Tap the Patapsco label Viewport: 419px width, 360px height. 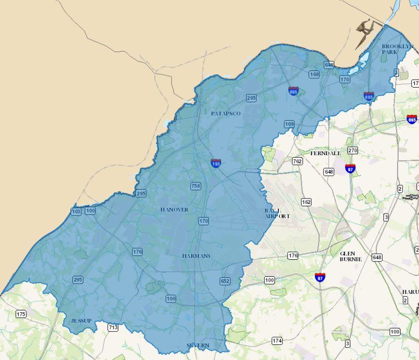pyautogui.click(x=226, y=113)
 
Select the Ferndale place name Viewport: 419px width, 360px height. pyautogui.click(x=326, y=153)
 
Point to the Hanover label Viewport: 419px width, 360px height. pyautogui.click(x=174, y=210)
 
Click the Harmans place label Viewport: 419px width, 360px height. pyautogui.click(x=196, y=256)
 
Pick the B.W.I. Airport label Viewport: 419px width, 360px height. pyautogui.click(x=277, y=213)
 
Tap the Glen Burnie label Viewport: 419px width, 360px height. pyautogui.click(x=350, y=256)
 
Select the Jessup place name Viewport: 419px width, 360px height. pyautogui.click(x=81, y=321)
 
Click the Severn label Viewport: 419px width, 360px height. pyautogui.click(x=198, y=345)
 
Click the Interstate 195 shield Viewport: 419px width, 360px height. pyautogui.click(x=216, y=163)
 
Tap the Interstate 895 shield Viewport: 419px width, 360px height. pyautogui.click(x=368, y=96)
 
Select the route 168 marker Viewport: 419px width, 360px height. pyautogui.click(x=314, y=74)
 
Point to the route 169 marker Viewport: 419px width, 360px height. pyautogui.click(x=289, y=125)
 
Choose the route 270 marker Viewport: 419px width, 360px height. pyautogui.click(x=352, y=150)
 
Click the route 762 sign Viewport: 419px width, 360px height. pyautogui.click(x=297, y=161)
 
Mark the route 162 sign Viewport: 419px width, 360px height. pyautogui.click(x=306, y=202)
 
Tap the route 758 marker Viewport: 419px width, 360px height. pyautogui.click(x=195, y=186)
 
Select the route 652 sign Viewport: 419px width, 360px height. pyautogui.click(x=224, y=281)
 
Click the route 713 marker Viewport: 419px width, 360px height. pyautogui.click(x=113, y=327)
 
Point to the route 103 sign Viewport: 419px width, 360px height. pyautogui.click(x=76, y=211)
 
